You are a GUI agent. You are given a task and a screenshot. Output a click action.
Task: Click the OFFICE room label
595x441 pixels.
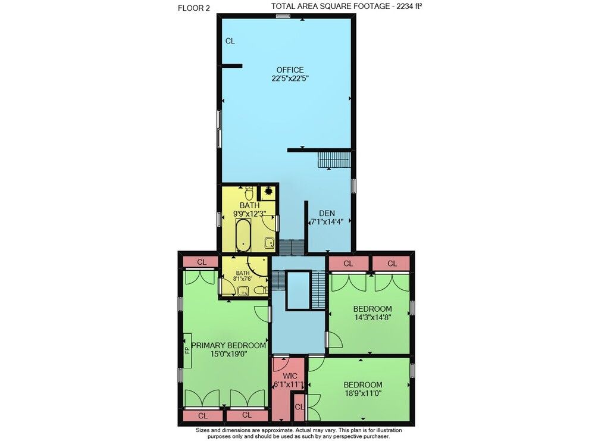click(x=290, y=70)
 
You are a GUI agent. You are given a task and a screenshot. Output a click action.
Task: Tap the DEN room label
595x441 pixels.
click(x=327, y=213)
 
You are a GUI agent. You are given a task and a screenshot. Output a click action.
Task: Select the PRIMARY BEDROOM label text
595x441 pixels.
click(x=228, y=345)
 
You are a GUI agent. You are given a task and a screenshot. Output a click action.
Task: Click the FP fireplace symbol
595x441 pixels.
click(x=187, y=350)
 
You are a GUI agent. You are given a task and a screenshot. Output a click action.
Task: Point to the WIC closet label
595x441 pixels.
click(x=290, y=377)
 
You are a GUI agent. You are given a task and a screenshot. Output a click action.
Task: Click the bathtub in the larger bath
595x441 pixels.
click(x=243, y=235)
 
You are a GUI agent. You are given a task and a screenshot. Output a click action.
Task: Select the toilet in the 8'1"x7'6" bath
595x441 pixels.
click(x=261, y=290)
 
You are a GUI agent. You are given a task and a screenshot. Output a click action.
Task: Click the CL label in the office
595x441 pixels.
click(x=230, y=41)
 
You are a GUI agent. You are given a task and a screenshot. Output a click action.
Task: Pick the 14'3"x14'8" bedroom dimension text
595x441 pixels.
click(x=372, y=317)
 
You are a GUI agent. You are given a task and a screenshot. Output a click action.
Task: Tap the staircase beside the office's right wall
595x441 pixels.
click(x=334, y=159)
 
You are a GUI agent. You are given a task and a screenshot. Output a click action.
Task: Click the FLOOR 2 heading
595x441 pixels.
click(x=193, y=8)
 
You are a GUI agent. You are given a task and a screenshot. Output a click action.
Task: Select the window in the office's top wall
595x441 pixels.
click(x=283, y=15)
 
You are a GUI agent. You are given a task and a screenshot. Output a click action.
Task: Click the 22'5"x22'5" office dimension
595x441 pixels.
click(x=290, y=79)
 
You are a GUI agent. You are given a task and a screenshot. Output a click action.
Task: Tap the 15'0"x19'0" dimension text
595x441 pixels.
click(x=229, y=354)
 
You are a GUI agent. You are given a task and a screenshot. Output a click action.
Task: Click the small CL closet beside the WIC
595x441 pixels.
click(x=299, y=407)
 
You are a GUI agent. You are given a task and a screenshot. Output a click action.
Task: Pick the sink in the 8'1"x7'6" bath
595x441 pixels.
click(x=243, y=291)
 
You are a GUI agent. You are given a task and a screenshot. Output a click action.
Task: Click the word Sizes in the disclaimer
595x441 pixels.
click(x=203, y=430)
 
